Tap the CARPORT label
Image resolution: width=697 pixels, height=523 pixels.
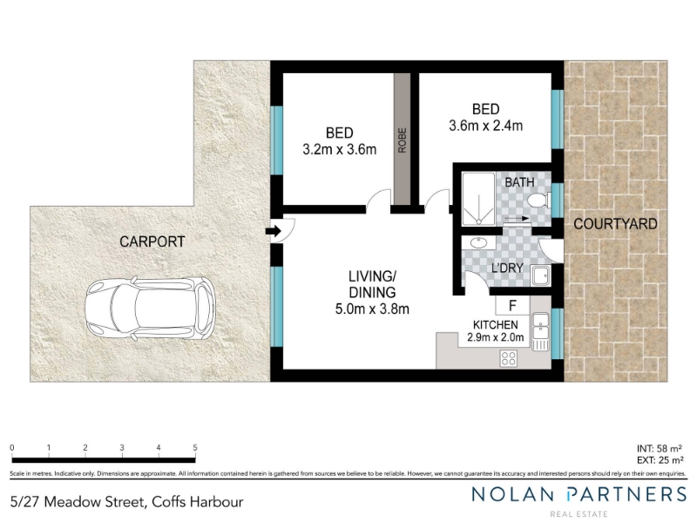[152, 242]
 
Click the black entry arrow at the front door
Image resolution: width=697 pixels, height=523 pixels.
[272, 231]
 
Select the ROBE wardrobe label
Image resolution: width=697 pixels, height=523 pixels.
[403, 140]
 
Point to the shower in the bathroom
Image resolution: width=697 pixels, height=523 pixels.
[478, 199]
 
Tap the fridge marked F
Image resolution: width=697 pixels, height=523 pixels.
[512, 306]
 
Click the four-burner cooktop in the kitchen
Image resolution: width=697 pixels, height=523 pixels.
[509, 358]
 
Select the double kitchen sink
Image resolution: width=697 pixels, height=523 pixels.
[541, 331]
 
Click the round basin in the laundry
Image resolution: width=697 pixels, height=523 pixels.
[478, 244]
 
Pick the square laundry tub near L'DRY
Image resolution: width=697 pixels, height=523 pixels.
[541, 276]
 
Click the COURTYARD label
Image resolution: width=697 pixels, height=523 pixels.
[615, 224]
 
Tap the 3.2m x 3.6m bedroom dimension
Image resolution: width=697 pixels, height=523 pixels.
[340, 149]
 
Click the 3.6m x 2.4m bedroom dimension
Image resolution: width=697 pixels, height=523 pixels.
[486, 126]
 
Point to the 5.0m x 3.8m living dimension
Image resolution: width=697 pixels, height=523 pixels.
[372, 309]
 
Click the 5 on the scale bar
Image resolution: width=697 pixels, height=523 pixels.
[194, 448]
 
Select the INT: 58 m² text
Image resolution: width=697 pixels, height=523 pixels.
[660, 449]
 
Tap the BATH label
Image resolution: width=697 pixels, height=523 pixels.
[519, 182]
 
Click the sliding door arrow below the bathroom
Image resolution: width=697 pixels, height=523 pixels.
[516, 219]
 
